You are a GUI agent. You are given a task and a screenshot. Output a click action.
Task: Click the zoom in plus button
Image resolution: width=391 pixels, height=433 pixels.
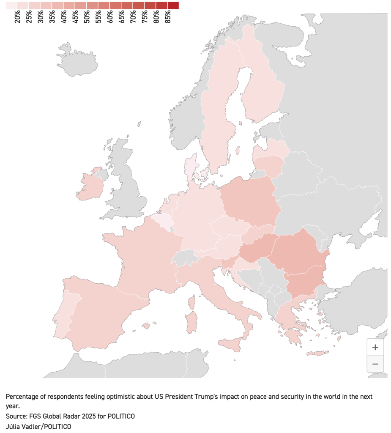(x=375, y=348)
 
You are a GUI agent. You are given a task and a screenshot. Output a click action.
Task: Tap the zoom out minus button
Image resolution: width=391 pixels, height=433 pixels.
(x=375, y=364)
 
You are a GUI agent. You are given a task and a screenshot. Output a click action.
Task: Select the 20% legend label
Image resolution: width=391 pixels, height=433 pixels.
(x=17, y=16)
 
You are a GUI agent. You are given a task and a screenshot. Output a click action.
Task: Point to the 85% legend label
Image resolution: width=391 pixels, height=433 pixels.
(x=168, y=16)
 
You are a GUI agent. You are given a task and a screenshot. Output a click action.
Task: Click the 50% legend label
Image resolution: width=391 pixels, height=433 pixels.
(x=87, y=16)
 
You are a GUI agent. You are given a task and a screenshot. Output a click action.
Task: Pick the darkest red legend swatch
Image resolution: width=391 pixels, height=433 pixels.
(x=173, y=5)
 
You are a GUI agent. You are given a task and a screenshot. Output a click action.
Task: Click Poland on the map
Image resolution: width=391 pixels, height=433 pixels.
(x=249, y=199)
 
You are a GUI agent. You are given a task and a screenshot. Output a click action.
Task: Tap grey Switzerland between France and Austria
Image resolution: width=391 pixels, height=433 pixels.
(x=186, y=257)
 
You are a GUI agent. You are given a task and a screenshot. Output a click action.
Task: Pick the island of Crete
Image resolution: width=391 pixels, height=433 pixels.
(x=317, y=353)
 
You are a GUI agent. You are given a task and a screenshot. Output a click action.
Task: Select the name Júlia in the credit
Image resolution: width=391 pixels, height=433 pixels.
(x=14, y=426)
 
